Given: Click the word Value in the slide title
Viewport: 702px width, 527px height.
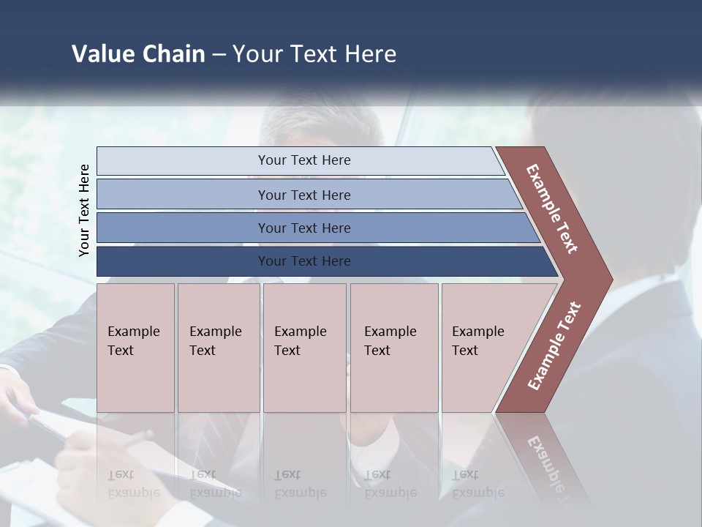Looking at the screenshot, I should (x=102, y=54).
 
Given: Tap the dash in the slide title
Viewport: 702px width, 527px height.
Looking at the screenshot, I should (x=219, y=55).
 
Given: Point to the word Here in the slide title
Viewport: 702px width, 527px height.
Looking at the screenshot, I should (x=370, y=54).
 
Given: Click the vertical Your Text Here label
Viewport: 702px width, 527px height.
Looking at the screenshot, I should (x=84, y=210).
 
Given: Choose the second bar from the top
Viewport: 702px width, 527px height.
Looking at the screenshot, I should (x=303, y=195).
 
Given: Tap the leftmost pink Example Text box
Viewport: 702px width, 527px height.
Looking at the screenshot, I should (x=135, y=347).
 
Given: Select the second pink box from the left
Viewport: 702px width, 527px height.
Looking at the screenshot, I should (x=218, y=347).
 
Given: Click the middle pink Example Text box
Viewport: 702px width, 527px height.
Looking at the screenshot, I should (x=304, y=347).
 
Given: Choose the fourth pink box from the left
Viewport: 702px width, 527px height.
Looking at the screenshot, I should (x=393, y=347).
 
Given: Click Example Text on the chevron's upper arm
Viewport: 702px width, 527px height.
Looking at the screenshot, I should (x=552, y=209).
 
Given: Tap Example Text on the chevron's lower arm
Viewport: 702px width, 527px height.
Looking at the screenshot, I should (x=554, y=346).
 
